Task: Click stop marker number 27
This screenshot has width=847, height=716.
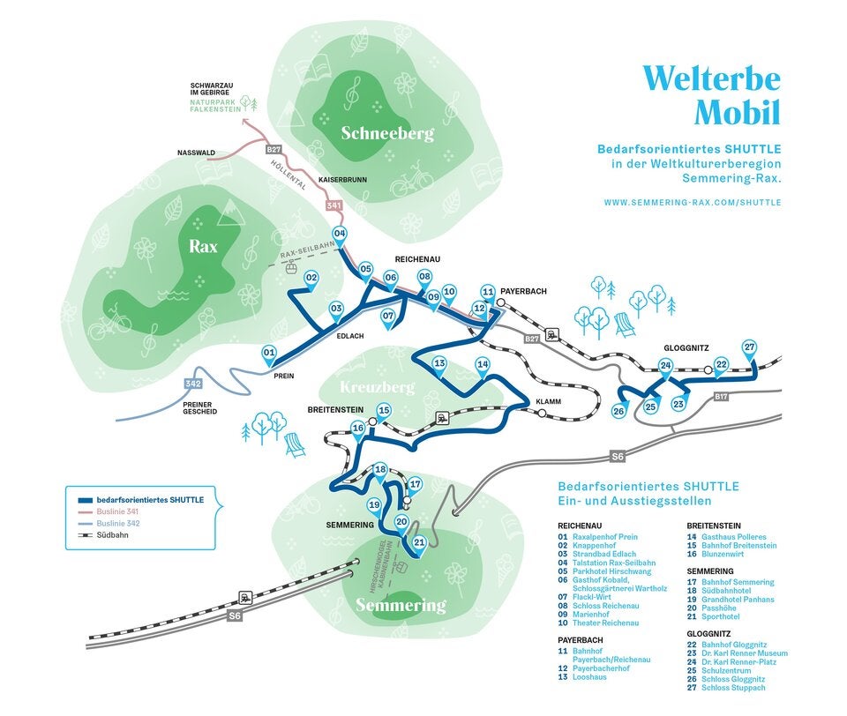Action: point(749,347)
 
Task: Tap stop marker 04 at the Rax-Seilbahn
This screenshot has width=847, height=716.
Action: point(340,235)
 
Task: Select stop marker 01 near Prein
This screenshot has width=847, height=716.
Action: point(270,354)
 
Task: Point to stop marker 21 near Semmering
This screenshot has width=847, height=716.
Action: point(420,543)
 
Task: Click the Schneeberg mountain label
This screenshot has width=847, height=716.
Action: point(387,134)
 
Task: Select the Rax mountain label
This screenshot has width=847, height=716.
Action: point(203,247)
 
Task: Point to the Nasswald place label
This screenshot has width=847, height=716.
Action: point(196,153)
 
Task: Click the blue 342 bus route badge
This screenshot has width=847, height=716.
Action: point(193,384)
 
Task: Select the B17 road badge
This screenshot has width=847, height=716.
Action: point(722,397)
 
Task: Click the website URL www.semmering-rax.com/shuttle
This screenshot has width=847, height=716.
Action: point(693,202)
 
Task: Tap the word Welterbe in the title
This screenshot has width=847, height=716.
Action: point(712,79)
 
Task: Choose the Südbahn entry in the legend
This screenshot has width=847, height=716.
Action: point(112,535)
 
